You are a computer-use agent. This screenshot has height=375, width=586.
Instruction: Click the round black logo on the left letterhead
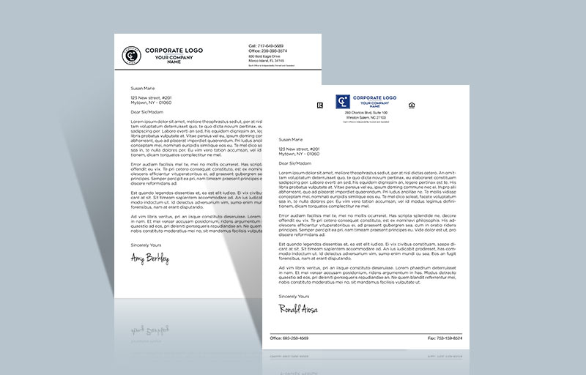(132, 54)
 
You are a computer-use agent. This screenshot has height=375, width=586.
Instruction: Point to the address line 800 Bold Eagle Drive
(265, 56)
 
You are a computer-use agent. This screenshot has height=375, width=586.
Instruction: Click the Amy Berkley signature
(149, 259)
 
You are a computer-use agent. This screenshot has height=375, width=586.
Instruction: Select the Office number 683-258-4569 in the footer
(289, 338)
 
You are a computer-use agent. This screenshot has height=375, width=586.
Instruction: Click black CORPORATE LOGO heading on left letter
(174, 51)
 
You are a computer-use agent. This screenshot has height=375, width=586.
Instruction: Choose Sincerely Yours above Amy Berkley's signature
(144, 244)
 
